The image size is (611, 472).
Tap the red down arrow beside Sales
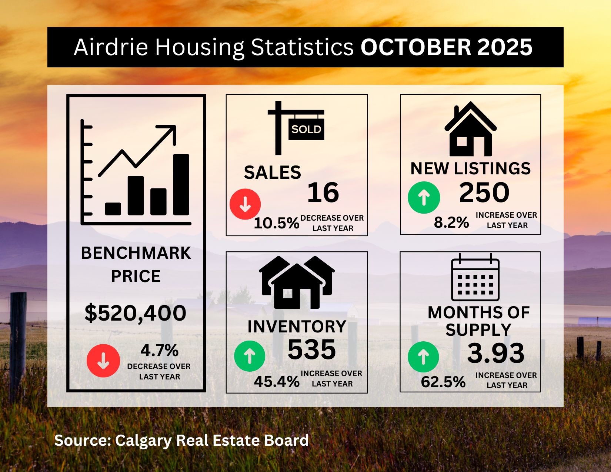click(x=245, y=204)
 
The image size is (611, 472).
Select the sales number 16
click(x=323, y=193)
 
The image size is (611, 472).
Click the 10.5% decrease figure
click(x=276, y=223)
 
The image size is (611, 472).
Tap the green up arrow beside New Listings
click(x=424, y=197)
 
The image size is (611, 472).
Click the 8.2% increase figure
click(x=451, y=222)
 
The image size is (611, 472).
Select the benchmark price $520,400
click(x=136, y=313)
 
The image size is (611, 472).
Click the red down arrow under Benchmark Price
click(x=103, y=361)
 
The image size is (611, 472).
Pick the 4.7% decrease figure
click(x=160, y=350)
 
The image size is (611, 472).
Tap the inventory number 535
click(x=311, y=350)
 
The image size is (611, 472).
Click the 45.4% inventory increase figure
click(x=277, y=382)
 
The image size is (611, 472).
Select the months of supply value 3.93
click(x=496, y=353)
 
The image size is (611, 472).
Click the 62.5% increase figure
click(x=443, y=382)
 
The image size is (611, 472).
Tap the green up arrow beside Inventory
click(x=250, y=356)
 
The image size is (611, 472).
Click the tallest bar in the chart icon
click(x=181, y=184)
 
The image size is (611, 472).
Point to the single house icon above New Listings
click(x=470, y=129)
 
